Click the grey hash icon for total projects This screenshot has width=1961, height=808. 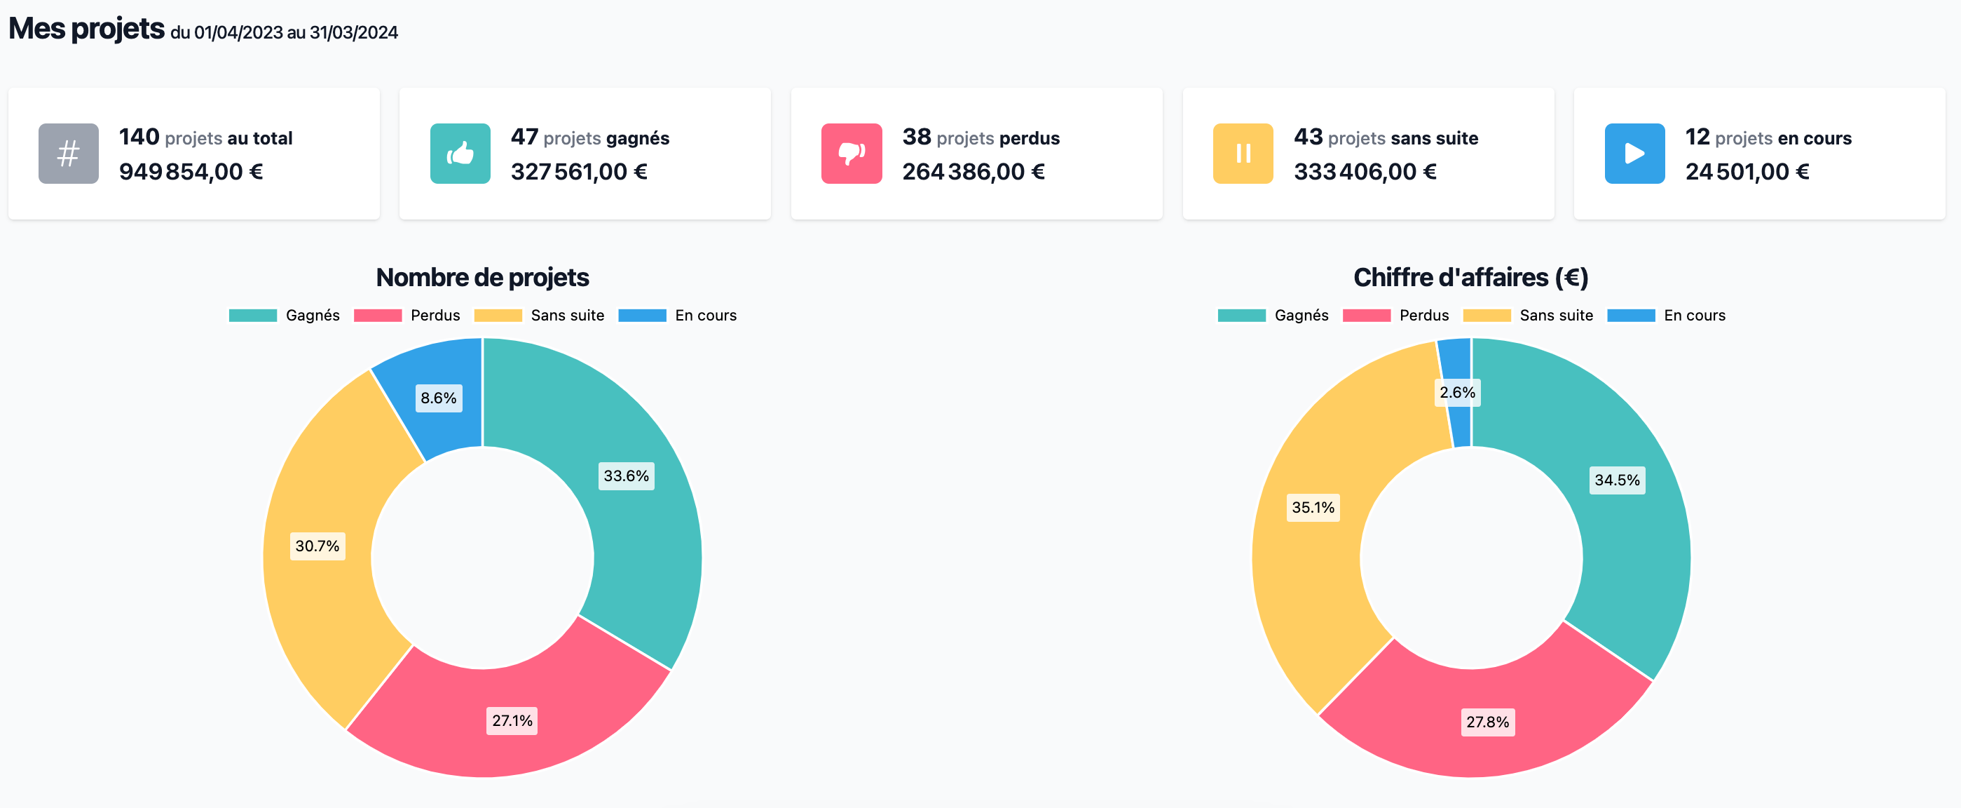69,154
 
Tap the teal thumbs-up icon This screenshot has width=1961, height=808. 460,154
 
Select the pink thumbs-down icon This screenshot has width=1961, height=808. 851,154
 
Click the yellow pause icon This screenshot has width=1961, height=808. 1243,154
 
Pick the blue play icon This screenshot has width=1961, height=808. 1634,154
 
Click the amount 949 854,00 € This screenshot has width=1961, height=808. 191,172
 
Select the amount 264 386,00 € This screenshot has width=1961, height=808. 973,172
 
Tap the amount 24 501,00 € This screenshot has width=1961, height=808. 1747,172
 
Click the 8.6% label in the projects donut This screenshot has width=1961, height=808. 439,398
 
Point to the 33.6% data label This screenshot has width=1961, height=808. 626,476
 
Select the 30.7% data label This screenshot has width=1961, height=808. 317,546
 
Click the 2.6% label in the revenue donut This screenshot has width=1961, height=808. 1457,393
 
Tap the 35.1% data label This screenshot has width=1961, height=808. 1313,508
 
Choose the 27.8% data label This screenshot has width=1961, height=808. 1487,722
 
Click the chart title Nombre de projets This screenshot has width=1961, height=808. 482,278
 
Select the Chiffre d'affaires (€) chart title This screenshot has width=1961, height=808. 1470,278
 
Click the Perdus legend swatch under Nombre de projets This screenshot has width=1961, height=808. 378,316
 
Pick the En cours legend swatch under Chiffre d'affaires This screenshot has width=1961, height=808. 1631,316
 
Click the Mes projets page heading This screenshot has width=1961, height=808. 87,29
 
